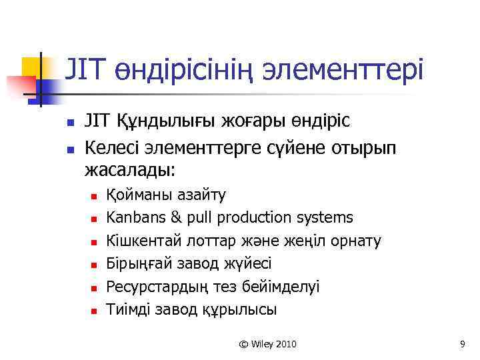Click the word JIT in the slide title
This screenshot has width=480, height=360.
(84, 69)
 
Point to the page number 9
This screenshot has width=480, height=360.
(461, 344)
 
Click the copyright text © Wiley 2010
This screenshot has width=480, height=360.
(268, 344)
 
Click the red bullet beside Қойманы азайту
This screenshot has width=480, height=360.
(94, 196)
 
